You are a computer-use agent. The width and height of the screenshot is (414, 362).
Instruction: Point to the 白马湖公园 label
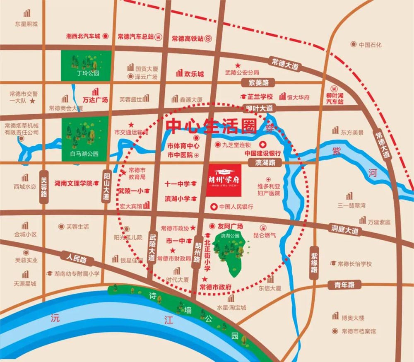(85, 154)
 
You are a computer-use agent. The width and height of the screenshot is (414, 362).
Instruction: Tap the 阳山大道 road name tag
(106, 187)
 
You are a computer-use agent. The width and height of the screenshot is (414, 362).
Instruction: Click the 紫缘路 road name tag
(314, 263)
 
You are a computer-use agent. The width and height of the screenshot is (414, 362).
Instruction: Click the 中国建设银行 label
(262, 153)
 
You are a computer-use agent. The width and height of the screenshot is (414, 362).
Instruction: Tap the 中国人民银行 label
(236, 206)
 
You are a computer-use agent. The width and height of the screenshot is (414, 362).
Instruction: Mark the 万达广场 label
(95, 100)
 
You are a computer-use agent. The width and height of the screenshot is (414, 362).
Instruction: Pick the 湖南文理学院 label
(73, 183)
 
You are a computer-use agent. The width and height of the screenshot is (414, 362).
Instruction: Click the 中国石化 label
(370, 44)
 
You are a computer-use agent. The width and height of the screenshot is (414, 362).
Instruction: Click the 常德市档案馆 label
(359, 331)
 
